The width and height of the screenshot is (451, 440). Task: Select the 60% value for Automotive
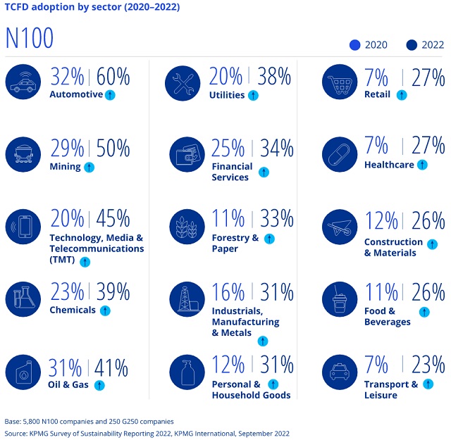(x=113, y=77)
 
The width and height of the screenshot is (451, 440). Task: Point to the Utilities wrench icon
(x=184, y=83)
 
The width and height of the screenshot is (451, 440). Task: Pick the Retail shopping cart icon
(x=340, y=83)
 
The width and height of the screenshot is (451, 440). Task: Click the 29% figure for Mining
(x=67, y=149)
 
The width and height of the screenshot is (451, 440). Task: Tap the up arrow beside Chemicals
(x=105, y=310)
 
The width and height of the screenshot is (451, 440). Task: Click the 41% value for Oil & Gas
(x=110, y=367)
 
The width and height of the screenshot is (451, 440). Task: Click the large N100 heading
(x=30, y=39)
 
